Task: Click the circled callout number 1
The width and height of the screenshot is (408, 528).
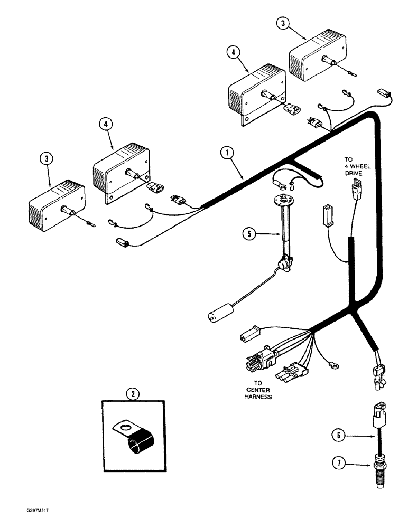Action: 227,154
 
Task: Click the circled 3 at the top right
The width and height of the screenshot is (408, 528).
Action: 283,24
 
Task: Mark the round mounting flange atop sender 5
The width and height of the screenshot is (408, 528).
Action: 284,200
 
